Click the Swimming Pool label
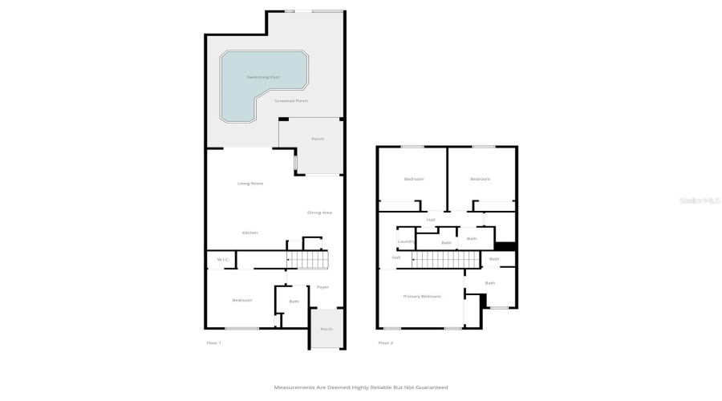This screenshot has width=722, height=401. [x=263, y=77]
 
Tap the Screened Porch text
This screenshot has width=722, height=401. [x=291, y=101]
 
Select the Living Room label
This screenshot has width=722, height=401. [x=250, y=184]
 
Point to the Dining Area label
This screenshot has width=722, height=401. [x=319, y=213]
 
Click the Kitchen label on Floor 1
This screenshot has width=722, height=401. [x=250, y=233]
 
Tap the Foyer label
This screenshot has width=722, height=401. [x=322, y=287]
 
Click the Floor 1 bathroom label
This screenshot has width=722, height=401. [x=294, y=302]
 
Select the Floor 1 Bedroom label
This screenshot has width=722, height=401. [x=242, y=300]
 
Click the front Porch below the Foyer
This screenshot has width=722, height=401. [x=327, y=329]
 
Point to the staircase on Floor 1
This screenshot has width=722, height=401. [x=309, y=260]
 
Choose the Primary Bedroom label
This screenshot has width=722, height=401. [x=422, y=297]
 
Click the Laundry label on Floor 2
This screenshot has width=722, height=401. [x=405, y=241]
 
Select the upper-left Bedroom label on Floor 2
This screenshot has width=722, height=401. [x=414, y=179]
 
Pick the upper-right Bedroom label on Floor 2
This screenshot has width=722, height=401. [x=480, y=179]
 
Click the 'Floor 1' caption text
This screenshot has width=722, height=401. [x=213, y=342]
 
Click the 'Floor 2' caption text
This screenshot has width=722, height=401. [x=385, y=342]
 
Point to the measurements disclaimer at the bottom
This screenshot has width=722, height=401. [x=361, y=387]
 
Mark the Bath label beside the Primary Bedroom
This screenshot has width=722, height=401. [x=489, y=283]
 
